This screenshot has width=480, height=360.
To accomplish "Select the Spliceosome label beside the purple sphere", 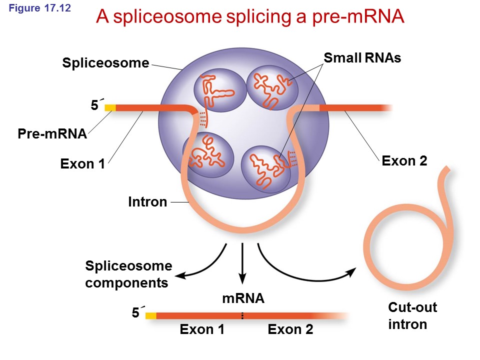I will coord(105,63).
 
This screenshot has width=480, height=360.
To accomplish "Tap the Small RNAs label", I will coord(362,58).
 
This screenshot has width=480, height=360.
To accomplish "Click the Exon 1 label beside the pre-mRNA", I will coord(82,164).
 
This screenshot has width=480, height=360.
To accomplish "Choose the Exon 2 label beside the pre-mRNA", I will coord(404,161).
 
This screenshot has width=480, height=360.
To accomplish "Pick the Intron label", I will coord(147,202).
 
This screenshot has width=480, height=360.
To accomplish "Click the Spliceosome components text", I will coord(128,274).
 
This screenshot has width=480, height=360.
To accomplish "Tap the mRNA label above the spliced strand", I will coord(243,299).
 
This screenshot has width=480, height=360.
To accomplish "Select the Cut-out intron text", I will coord(412,315).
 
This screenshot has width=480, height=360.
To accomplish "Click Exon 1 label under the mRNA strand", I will coord(201,329).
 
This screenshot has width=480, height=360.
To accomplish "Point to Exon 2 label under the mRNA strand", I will coord(290,329).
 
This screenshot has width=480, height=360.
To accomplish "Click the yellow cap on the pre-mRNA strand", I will coord(110,107).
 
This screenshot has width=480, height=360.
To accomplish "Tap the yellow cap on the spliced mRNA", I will coord(150,315).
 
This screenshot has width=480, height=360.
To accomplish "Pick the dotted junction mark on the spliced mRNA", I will coord(242,315).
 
